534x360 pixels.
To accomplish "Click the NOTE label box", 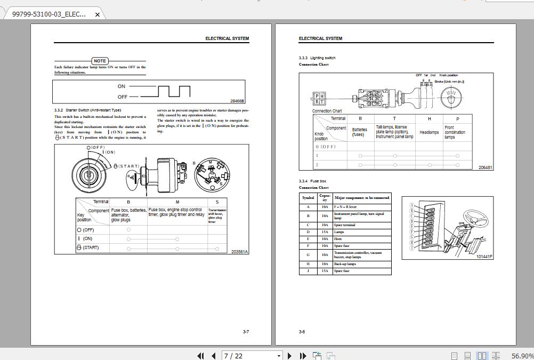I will (100, 61).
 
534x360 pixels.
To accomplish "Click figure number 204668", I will (237, 101).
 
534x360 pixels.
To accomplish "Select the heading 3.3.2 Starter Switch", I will (87, 110).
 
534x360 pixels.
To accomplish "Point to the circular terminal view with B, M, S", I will (212, 174).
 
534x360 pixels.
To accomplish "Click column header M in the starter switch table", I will (177, 202).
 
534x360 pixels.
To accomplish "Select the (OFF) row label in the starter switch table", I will (88, 230).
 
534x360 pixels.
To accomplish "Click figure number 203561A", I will (239, 252).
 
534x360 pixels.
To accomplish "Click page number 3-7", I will (246, 332).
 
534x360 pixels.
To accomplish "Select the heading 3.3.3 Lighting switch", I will (317, 58).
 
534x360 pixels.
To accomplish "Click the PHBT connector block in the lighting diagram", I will (319, 99).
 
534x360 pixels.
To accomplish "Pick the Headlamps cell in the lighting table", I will (429, 132).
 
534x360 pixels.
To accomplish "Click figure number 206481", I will (485, 167).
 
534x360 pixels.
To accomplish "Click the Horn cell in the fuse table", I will (338, 239).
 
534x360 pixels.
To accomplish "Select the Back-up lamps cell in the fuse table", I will (345, 264).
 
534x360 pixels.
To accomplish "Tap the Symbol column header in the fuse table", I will (308, 198).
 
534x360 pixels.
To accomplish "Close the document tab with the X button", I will (97, 14).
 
